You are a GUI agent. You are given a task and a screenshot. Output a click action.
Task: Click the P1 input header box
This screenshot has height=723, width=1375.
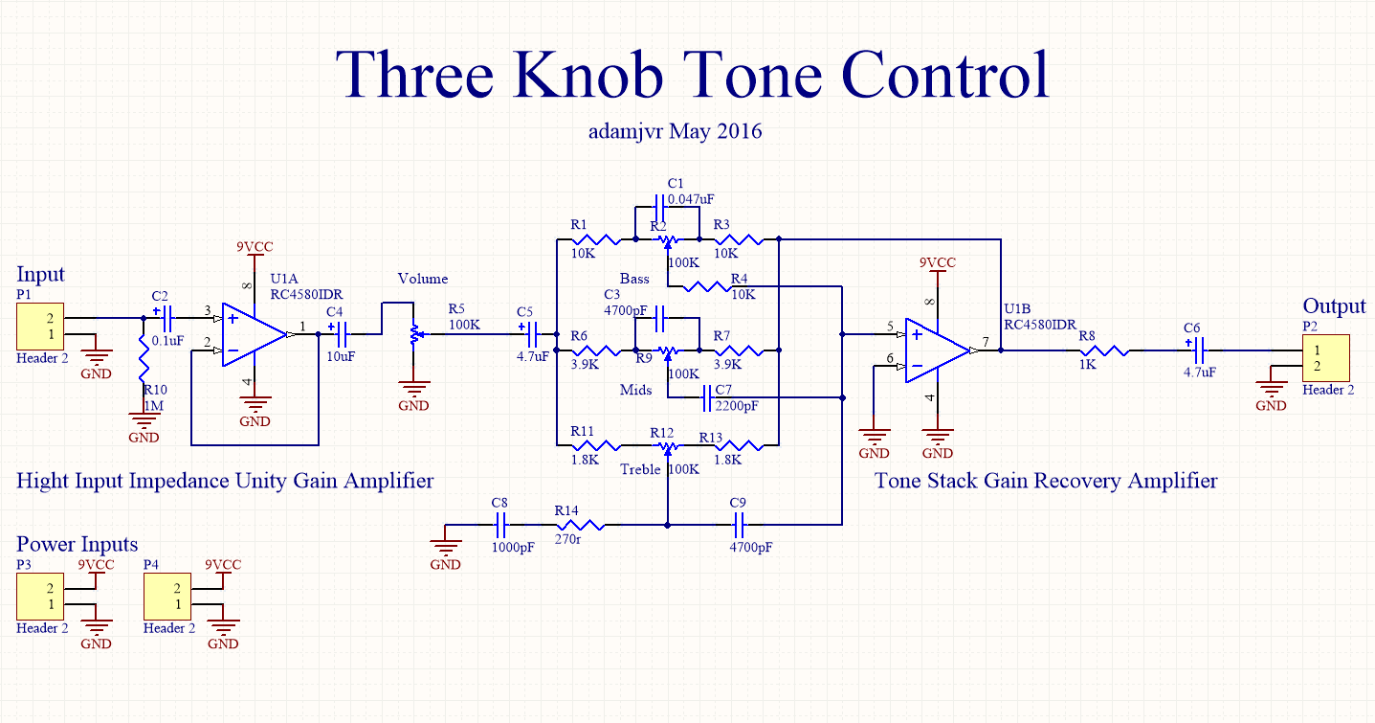coord(40,327)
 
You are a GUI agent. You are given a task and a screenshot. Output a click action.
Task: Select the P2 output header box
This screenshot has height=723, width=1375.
coord(1326,358)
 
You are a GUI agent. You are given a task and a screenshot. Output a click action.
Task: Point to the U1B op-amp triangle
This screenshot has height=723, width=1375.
coord(938,350)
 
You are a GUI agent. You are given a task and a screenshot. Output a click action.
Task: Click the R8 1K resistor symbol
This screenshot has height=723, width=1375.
coord(1104,350)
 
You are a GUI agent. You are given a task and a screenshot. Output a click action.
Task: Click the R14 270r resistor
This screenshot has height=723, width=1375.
coord(580,525)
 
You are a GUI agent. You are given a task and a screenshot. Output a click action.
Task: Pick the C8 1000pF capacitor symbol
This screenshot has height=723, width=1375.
coord(500,525)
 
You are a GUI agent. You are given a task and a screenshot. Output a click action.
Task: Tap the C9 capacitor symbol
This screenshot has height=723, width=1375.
coord(739,525)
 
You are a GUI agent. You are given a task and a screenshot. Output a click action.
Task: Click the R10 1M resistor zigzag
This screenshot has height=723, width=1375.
coord(144,358)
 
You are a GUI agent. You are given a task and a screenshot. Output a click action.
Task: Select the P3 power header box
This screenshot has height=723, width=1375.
coord(40,597)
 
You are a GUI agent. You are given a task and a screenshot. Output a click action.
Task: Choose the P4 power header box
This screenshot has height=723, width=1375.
coord(166,597)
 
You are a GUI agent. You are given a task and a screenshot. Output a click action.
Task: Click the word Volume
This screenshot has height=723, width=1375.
coord(423,279)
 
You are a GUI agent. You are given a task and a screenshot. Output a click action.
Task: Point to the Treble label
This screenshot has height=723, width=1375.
coord(640,469)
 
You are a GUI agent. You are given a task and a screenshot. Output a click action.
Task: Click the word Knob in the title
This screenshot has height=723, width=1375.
coord(588,74)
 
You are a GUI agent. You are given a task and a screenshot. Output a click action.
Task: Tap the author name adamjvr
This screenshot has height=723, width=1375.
coord(626,131)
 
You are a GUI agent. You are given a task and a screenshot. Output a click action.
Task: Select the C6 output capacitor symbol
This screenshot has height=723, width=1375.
coord(1200,350)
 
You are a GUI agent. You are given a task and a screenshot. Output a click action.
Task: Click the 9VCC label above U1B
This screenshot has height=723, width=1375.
coord(938,262)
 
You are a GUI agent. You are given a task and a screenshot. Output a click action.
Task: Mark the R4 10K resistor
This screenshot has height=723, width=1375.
coord(707,286)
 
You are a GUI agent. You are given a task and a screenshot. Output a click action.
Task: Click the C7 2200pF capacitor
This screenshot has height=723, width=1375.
coord(706,397)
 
